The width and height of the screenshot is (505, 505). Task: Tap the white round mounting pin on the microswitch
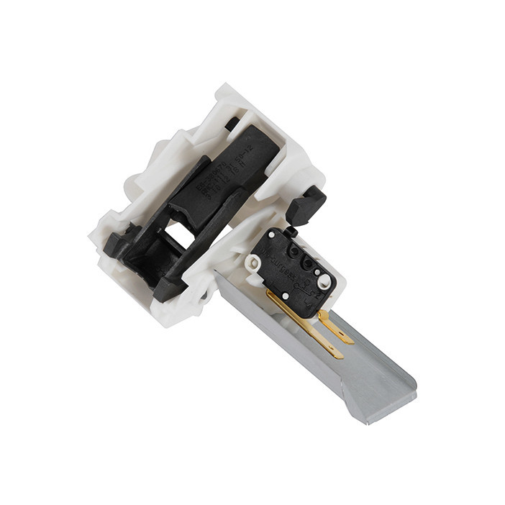324,281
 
